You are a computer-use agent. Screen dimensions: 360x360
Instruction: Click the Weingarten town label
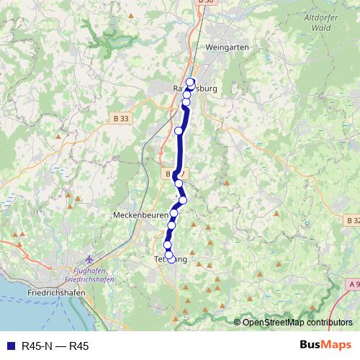click(227, 47)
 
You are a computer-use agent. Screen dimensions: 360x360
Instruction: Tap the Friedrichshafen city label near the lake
click(56, 294)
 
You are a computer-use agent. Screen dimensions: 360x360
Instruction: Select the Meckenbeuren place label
click(140, 215)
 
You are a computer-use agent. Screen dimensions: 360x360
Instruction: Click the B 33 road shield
click(121, 118)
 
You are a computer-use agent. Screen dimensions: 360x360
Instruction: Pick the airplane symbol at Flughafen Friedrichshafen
click(89, 259)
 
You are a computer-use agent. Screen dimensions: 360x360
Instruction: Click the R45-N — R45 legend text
click(55, 346)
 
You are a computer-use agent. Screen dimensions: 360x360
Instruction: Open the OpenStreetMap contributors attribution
click(297, 323)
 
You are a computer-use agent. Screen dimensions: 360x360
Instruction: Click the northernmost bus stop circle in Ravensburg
click(191, 81)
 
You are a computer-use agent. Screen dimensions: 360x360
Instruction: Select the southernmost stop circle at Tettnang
click(170, 256)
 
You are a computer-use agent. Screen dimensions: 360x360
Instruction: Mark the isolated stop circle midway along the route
click(179, 130)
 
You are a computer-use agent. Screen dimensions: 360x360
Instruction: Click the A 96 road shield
click(354, 284)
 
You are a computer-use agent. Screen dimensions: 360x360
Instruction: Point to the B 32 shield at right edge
click(353, 220)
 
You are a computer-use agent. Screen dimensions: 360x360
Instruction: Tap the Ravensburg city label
click(195, 89)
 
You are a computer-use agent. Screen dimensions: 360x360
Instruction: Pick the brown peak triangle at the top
click(130, 15)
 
